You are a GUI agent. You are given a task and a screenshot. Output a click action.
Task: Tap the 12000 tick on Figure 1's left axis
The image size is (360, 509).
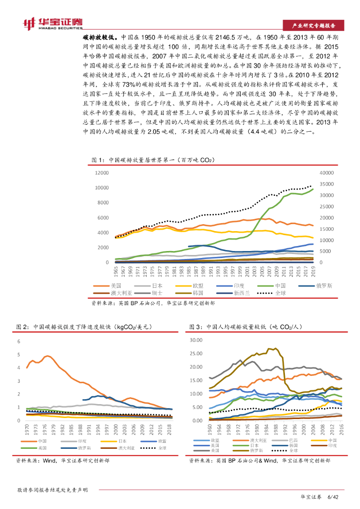tap(101, 172)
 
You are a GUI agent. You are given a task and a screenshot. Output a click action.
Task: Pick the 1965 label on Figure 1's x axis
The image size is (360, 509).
tap(116, 272)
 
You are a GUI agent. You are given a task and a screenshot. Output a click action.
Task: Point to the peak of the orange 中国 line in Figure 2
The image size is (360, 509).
tap(47, 356)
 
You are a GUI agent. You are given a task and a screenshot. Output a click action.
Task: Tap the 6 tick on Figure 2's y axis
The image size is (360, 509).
tap(18, 341)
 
